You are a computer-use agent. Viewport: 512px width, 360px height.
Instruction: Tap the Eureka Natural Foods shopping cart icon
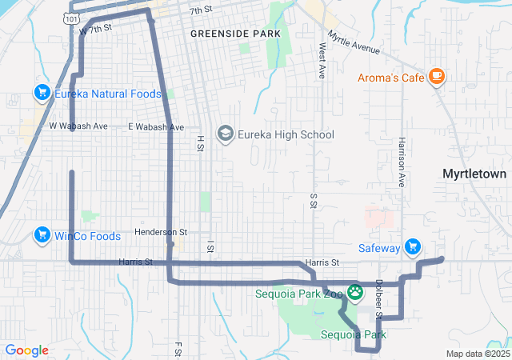[x=42, y=94]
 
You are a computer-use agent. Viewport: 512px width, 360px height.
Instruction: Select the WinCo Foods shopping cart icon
[x=42, y=235]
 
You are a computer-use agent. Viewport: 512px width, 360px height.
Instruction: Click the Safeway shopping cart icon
[x=413, y=247]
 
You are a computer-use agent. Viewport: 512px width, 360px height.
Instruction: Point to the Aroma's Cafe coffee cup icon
[x=436, y=76]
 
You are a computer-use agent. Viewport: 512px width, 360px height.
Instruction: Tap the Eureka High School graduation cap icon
[x=226, y=134]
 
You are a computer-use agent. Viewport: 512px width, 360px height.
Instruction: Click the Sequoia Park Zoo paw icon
[x=354, y=292]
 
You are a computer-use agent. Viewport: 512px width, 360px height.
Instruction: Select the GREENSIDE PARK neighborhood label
[x=235, y=34]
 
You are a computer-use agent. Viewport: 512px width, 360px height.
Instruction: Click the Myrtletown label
[x=475, y=174]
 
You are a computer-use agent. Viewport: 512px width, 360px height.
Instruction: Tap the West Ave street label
[x=322, y=61]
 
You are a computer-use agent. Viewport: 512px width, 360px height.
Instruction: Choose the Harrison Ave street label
[x=401, y=162]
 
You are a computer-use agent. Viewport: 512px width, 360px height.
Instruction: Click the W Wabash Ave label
[x=78, y=126]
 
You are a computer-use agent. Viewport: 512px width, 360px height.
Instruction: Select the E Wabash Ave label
[x=156, y=127]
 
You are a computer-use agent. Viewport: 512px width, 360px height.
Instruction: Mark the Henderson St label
[x=160, y=232]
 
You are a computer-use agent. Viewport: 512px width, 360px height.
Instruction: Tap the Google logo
[x=27, y=350]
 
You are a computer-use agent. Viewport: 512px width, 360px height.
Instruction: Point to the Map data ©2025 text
[x=478, y=354]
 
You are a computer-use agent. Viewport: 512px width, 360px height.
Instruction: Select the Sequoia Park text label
[x=354, y=334]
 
